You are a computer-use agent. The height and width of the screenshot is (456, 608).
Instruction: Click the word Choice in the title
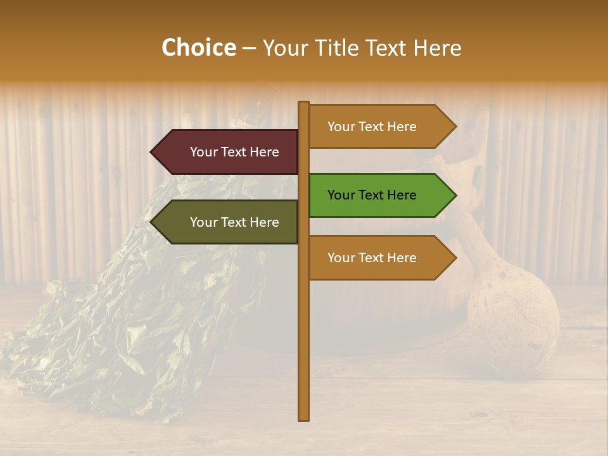198,48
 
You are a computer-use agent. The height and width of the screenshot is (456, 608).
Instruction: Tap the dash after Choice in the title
249,49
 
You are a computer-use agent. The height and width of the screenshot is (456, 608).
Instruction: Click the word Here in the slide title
437,48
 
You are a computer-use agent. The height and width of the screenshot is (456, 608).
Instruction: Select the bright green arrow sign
374,195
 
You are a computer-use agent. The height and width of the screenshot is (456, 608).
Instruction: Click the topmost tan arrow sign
374,127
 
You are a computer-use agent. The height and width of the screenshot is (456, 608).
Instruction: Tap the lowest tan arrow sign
374,258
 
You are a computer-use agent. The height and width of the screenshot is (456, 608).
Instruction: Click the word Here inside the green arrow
401,195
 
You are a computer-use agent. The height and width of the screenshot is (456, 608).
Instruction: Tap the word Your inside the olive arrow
203,222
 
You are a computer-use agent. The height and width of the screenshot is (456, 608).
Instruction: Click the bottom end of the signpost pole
304,417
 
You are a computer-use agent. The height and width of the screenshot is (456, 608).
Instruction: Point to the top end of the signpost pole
304,104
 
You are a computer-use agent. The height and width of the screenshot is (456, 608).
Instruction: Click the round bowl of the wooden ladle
513,320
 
